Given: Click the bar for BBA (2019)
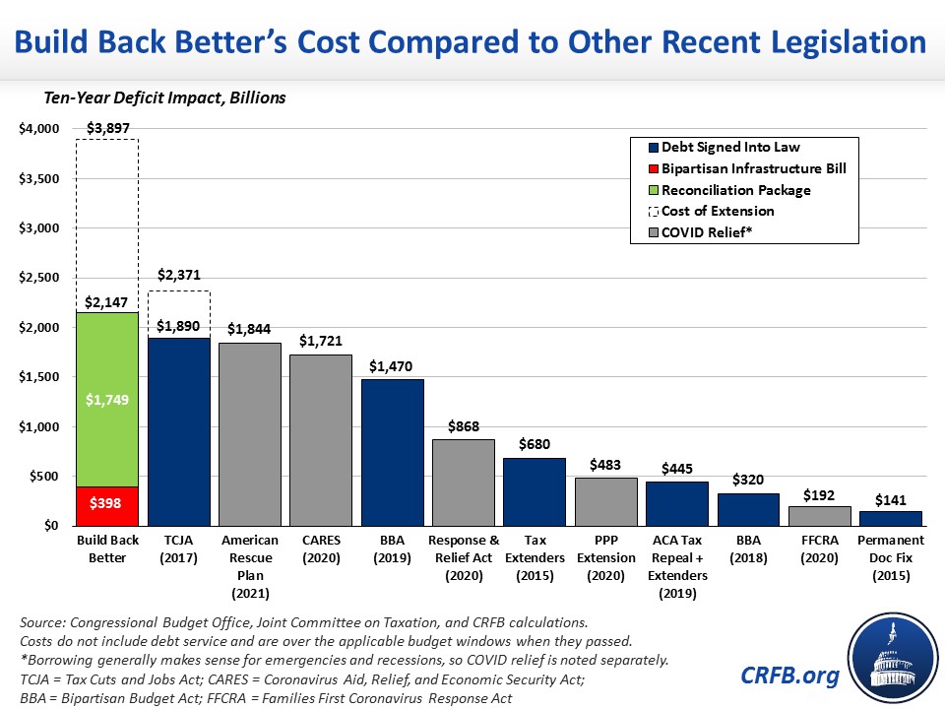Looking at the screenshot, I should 392,452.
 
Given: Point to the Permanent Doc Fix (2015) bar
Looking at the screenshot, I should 891,518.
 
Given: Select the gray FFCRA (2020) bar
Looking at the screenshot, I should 820,516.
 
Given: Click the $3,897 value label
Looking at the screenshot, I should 108,128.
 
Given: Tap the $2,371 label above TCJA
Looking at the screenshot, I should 179,277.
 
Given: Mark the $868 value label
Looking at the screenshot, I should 464,426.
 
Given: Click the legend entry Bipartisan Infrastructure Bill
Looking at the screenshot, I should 753,168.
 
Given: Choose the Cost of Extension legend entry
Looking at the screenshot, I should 717,211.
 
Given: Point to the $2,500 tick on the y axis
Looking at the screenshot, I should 39,278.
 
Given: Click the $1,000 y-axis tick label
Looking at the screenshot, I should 39,427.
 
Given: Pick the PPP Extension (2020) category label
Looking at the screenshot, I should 606,557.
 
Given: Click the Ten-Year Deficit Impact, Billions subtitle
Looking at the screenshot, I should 162,97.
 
